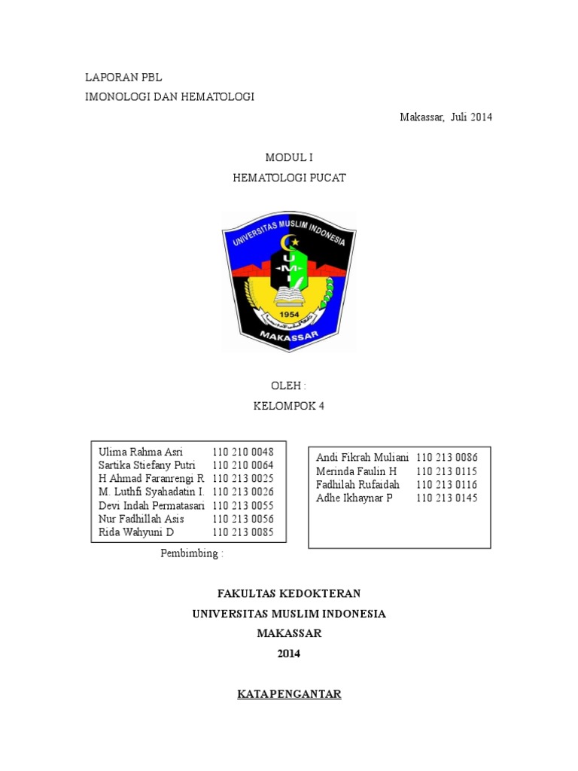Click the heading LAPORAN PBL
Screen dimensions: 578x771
(x=123, y=78)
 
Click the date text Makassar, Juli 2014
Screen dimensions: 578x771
(x=446, y=117)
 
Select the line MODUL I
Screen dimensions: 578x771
(x=288, y=157)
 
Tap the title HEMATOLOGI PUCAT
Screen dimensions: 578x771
(x=289, y=178)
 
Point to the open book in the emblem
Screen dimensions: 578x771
(x=288, y=292)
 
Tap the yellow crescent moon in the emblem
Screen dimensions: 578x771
(x=286, y=242)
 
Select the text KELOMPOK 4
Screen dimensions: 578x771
(x=289, y=406)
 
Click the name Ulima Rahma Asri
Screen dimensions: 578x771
(x=141, y=452)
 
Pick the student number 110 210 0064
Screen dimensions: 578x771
(x=243, y=465)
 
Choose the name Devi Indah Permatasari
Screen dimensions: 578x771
(x=151, y=505)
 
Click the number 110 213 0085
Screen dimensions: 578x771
(x=243, y=532)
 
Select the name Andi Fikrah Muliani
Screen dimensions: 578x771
(x=362, y=457)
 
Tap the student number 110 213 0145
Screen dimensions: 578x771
(x=447, y=498)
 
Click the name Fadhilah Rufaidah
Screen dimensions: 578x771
(x=357, y=484)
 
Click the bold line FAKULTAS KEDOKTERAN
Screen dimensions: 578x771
(x=289, y=593)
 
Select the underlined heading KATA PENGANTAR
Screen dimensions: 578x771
(x=289, y=694)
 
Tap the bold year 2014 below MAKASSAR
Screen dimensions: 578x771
(x=289, y=654)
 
